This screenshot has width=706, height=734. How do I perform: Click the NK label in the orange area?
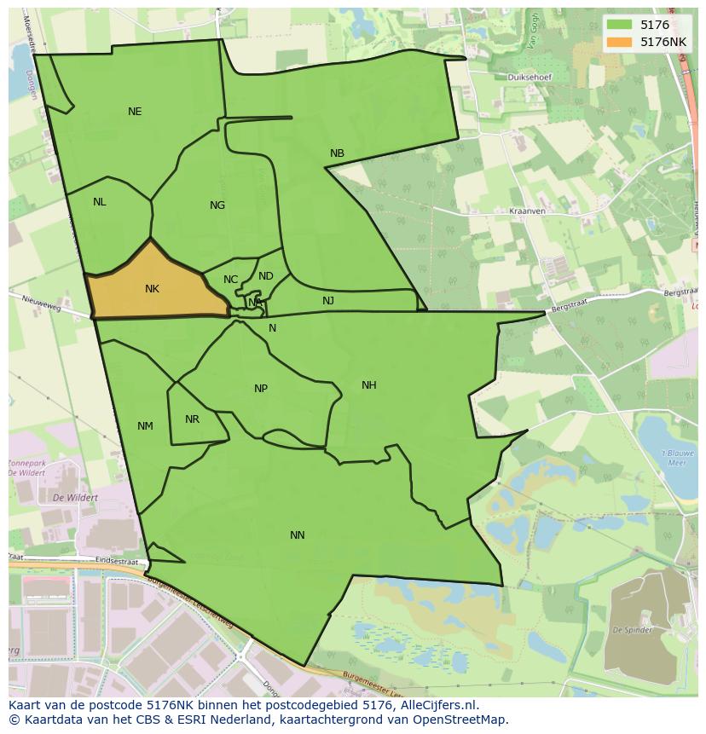(152, 289)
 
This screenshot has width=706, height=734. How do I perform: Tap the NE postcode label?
(135, 112)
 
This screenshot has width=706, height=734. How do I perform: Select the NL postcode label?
(100, 202)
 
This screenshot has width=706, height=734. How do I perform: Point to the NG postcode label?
(217, 205)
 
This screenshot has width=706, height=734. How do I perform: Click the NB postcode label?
(337, 153)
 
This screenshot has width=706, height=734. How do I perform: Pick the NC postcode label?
(231, 280)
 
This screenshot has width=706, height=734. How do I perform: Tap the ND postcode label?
(266, 276)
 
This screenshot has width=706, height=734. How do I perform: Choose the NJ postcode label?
(328, 301)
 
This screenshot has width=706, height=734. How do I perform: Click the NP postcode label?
(261, 389)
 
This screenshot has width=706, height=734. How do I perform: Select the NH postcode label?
(368, 385)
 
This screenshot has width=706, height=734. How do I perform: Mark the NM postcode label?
(145, 426)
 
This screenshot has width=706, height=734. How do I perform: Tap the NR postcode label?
(192, 419)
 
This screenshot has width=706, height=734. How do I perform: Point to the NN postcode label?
(297, 535)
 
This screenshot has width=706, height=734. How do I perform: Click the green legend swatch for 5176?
(619, 26)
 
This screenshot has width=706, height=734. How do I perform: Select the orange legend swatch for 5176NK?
(619, 42)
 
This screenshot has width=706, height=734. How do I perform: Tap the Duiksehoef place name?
(529, 77)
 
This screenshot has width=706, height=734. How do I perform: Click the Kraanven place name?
(526, 211)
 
